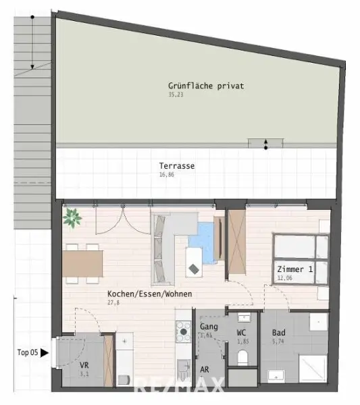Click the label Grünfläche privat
tap(205, 86)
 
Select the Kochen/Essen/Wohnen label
tap(149, 294)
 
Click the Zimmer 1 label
tap(295, 269)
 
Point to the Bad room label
tap(278, 333)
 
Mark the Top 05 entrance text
tap(27, 352)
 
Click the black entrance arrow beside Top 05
tap(45, 352)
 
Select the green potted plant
tap(72, 218)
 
